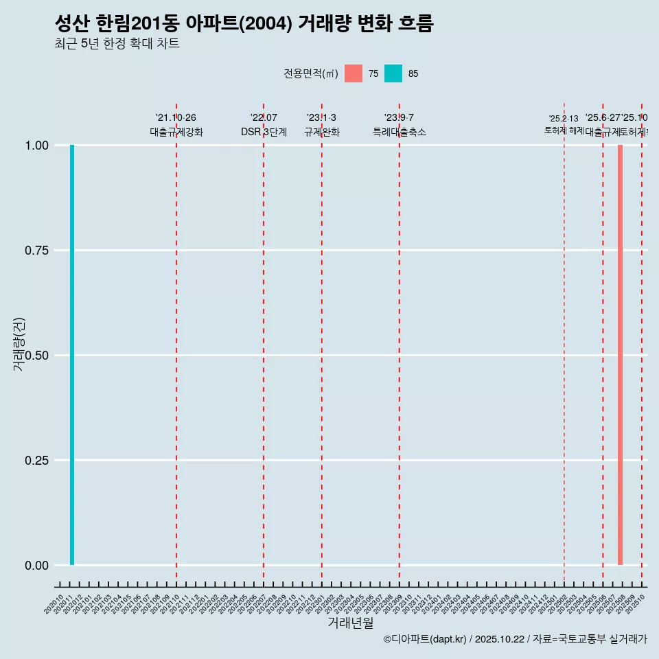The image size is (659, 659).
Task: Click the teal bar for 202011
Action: point(72,355)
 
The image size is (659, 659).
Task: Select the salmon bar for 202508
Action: point(620,355)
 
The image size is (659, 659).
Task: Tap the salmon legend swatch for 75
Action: point(354,73)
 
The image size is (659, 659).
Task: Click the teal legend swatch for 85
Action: point(393,73)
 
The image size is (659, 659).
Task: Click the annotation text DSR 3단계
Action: point(264,132)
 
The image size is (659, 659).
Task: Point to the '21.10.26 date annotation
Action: point(176,118)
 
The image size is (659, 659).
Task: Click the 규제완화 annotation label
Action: point(322,132)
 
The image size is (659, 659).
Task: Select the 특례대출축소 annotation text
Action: point(400,132)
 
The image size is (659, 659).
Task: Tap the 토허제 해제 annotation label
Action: point(564,130)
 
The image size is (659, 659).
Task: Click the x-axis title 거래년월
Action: point(351,623)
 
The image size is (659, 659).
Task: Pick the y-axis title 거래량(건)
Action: point(19,345)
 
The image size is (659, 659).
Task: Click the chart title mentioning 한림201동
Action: point(244,23)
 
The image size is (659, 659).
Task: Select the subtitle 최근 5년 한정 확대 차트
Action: point(117,44)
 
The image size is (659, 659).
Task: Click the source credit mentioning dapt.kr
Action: point(515,639)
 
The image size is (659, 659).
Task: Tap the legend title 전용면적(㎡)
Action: point(310,73)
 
